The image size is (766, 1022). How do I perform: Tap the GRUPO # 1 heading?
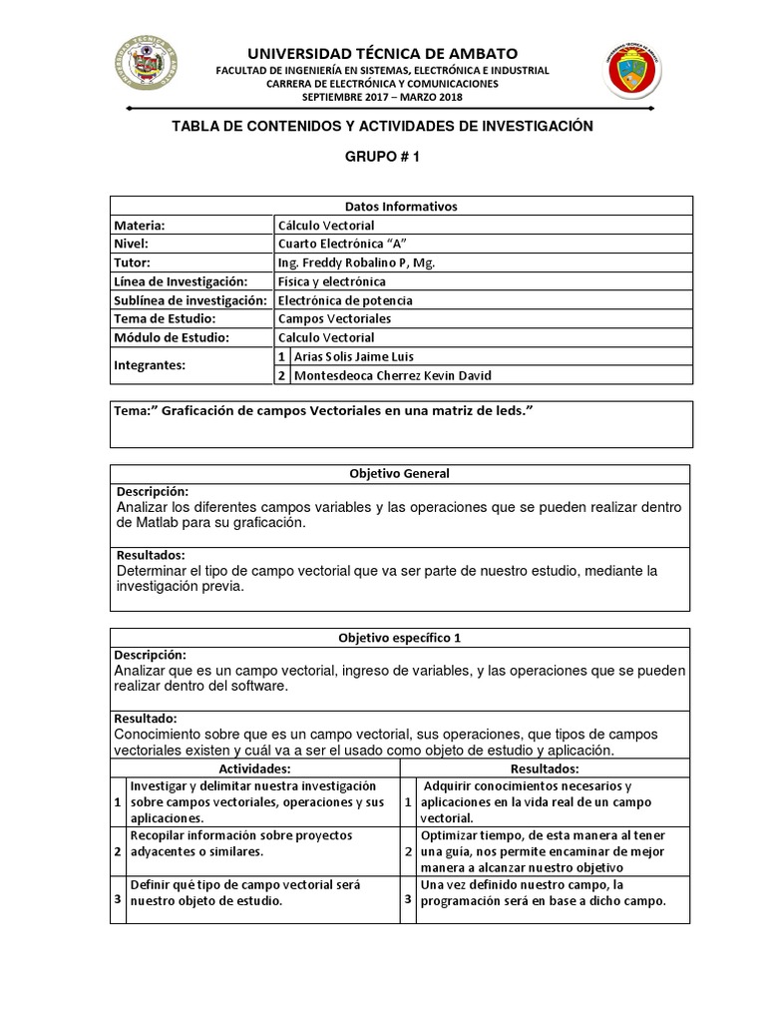point(383,158)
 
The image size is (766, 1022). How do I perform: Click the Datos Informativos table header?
point(399,206)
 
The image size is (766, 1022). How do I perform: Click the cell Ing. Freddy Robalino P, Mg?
point(356,262)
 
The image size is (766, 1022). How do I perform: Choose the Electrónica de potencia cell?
point(345,299)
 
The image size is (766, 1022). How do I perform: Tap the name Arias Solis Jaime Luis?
point(353,356)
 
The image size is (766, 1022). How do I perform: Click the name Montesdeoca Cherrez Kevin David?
point(392,375)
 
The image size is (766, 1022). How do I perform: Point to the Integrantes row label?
point(151,365)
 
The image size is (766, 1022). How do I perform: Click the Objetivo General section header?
point(399,473)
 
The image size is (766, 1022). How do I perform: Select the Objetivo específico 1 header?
point(399,637)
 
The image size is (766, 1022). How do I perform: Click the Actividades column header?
point(254,768)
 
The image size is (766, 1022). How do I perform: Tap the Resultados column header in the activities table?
point(545,768)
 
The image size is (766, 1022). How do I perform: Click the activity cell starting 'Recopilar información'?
point(261,843)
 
